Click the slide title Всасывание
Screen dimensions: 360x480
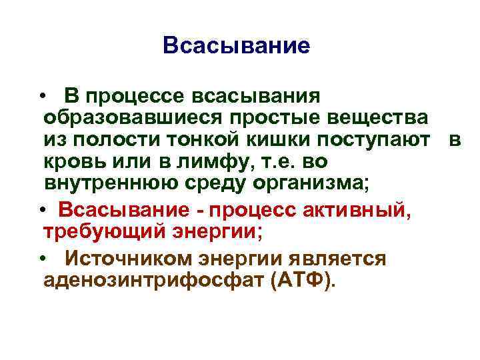[x=237, y=46]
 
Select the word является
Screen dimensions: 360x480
[x=335, y=259]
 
